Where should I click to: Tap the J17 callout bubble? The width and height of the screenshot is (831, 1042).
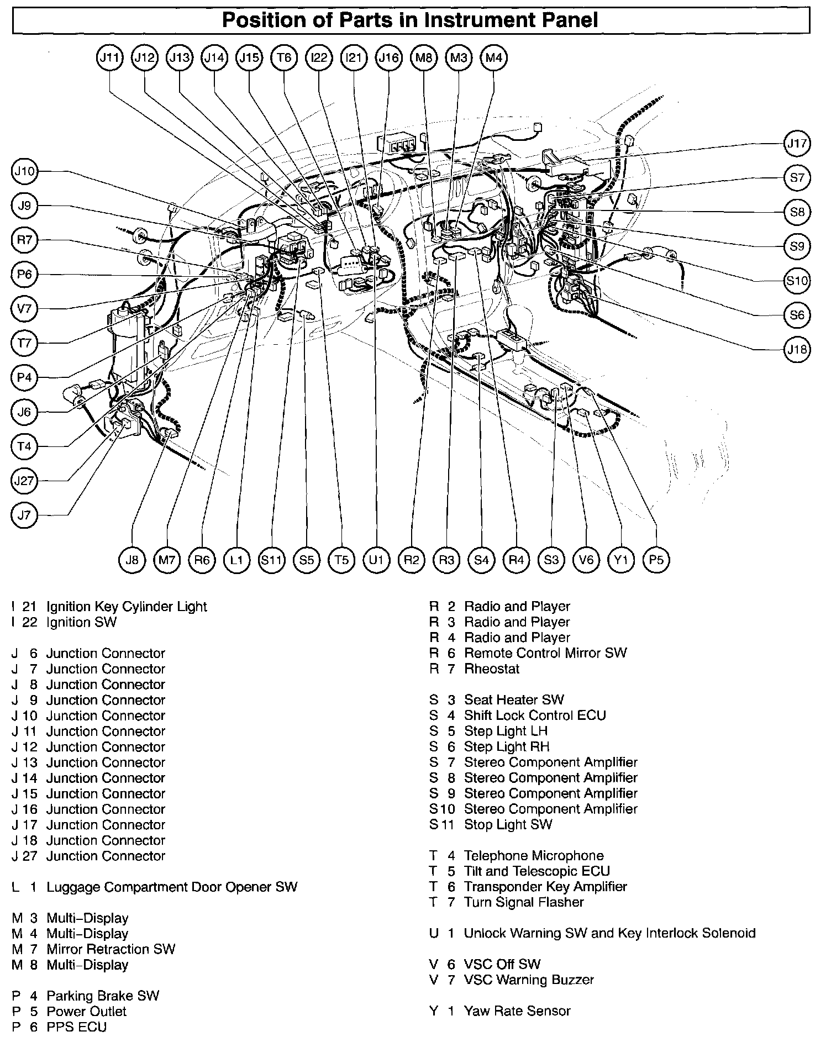tap(797, 144)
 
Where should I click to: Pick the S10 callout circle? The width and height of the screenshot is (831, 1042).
tap(797, 281)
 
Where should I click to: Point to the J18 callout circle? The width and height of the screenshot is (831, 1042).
tap(797, 349)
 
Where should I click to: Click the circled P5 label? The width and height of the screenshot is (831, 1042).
tap(656, 560)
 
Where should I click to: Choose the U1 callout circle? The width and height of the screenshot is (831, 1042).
tap(376, 560)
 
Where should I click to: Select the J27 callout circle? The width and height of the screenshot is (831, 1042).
tap(24, 481)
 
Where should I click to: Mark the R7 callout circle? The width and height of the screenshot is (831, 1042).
tap(24, 240)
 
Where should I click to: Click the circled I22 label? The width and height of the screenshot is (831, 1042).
tap(319, 57)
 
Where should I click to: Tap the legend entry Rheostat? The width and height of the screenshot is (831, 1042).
tap(492, 669)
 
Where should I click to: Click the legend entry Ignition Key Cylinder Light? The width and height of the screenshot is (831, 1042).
tap(127, 607)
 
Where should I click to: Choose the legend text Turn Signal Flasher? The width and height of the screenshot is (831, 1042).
tap(524, 902)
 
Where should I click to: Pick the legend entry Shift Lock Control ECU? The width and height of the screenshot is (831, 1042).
tap(535, 715)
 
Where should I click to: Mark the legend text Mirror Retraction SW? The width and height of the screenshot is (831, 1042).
tap(111, 949)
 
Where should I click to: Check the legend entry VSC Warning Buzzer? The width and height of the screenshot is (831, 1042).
tap(529, 980)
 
